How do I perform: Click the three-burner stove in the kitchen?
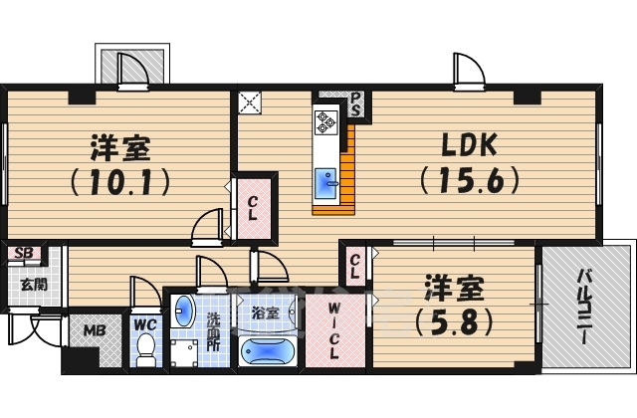pos(326,122)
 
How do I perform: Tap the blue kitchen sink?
pos(326,184)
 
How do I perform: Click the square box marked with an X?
pos(249,102)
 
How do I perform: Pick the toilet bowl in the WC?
pos(145,347)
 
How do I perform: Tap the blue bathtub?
pos(267,352)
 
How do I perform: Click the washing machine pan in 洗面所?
pos(185,352)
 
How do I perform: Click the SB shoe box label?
pos(25,253)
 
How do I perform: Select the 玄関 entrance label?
pos(32,284)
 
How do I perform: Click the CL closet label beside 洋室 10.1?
pos(253,207)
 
